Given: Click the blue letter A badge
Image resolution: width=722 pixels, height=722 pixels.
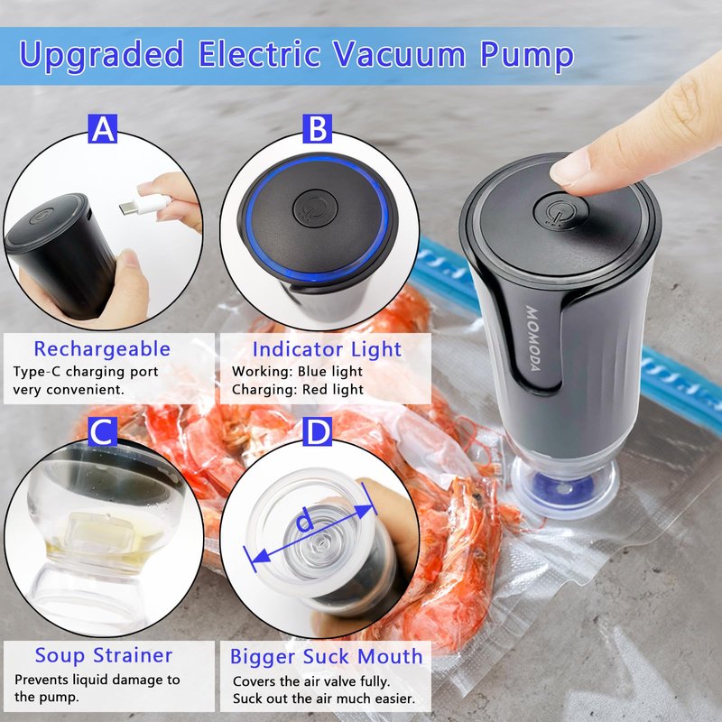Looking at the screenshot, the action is [x=102, y=128].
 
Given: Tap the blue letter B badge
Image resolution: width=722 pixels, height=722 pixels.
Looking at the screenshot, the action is [x=318, y=128].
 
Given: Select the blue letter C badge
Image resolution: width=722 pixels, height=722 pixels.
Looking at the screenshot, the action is [x=102, y=431].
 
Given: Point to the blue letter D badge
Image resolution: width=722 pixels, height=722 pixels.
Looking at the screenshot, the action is [x=318, y=431].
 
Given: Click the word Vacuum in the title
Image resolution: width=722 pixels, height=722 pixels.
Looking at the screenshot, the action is [x=399, y=54].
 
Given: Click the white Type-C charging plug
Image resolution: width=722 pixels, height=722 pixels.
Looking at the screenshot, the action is [x=145, y=204].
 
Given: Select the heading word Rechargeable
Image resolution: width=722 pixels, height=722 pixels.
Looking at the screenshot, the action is [x=102, y=349].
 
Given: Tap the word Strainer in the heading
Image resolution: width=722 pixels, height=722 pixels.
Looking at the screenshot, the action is [x=133, y=655].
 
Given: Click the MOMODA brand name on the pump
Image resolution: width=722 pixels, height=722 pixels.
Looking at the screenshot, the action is [x=532, y=338].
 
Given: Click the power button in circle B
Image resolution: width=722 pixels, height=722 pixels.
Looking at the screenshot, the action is [x=315, y=208].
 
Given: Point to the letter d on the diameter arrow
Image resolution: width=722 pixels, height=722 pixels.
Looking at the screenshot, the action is [x=304, y=522].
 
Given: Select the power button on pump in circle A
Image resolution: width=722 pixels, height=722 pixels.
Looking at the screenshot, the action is [x=42, y=216].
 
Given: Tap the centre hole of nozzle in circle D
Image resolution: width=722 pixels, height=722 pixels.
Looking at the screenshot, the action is [x=319, y=545].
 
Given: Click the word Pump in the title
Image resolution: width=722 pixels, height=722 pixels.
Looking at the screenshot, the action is [x=527, y=56].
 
